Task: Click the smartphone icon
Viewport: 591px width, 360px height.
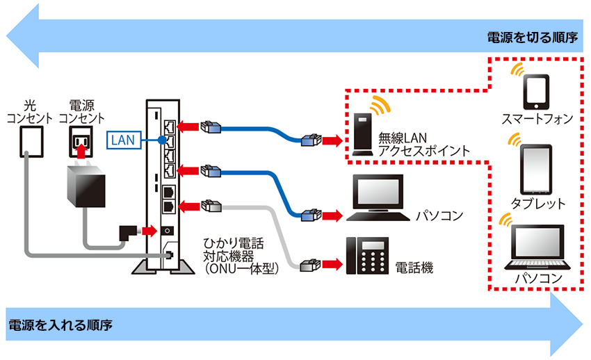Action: [536, 91]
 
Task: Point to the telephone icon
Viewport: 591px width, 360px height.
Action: [368, 257]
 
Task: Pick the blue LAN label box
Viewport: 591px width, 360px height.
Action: [123, 140]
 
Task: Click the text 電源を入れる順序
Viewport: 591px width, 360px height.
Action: [60, 325]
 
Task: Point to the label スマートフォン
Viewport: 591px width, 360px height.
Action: [537, 119]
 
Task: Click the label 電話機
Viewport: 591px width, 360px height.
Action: [415, 267]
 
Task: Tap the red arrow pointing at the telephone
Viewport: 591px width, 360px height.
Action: [333, 265]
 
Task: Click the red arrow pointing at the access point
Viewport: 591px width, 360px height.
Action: [333, 141]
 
